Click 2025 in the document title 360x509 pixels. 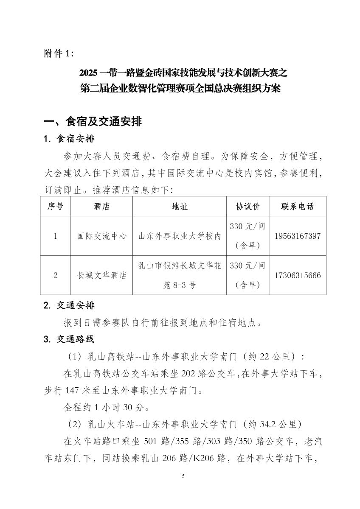89,73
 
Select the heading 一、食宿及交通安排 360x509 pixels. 93,122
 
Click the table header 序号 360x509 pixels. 56,207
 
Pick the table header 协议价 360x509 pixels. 248,207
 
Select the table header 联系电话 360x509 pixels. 298,207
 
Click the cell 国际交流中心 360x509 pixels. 101,236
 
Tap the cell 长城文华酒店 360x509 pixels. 101,275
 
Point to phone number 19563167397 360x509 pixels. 298,236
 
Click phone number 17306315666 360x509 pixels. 298,275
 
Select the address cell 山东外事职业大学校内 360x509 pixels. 180,236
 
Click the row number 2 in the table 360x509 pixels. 56,275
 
